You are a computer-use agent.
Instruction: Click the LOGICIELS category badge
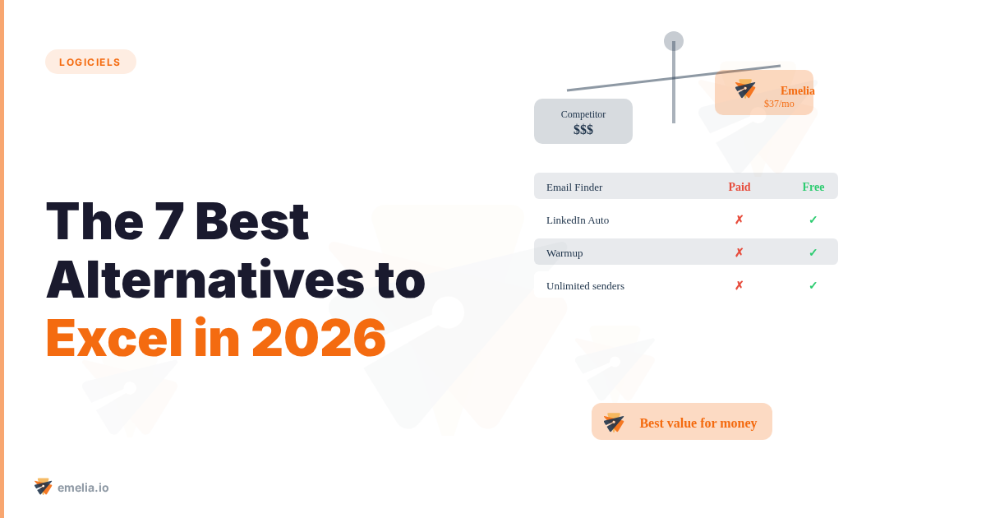[x=90, y=62]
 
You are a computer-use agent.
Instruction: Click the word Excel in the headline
[x=113, y=338]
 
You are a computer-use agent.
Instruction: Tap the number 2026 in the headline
[x=318, y=338]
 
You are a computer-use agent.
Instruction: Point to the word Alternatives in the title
[x=205, y=280]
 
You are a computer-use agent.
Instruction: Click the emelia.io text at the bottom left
[x=83, y=488]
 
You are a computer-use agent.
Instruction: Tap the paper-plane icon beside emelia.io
[x=43, y=487]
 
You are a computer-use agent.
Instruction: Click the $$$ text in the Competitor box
[x=583, y=130]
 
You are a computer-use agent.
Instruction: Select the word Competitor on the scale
[x=583, y=114]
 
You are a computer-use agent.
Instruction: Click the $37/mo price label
[x=779, y=104]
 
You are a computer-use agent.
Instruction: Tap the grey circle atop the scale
[x=674, y=41]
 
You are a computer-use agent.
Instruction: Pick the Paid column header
[x=739, y=187]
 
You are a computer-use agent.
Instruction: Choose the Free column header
[x=813, y=187]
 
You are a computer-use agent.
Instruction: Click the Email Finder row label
[x=574, y=187]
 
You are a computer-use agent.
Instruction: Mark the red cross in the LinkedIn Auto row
[x=739, y=220]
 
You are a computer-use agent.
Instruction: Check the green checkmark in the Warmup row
[x=813, y=252]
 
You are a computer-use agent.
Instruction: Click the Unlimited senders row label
[x=585, y=285]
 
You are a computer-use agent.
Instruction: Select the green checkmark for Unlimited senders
[x=813, y=285]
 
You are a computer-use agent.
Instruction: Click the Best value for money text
[x=698, y=423]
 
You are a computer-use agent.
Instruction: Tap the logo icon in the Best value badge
[x=614, y=423]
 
